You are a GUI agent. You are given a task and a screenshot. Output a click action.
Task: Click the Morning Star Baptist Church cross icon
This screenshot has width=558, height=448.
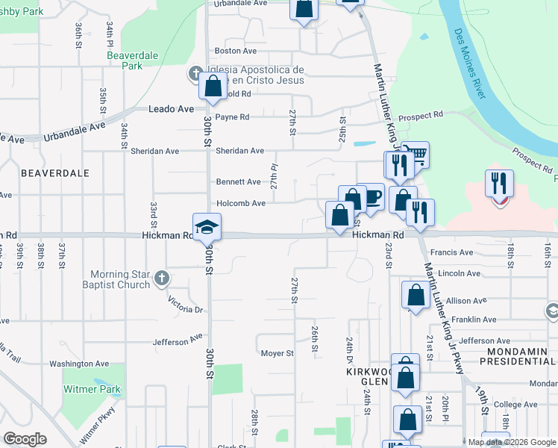pyautogui.click(x=160, y=279)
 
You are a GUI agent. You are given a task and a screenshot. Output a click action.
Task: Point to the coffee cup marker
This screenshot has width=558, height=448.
pyautogui.click(x=371, y=197)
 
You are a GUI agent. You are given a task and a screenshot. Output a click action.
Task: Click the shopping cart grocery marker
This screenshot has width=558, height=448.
pyautogui.click(x=416, y=155)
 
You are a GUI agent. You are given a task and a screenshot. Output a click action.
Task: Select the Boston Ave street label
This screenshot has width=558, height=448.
pyautogui.click(x=235, y=51)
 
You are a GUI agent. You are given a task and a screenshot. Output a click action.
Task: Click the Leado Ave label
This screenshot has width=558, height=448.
pyautogui.click(x=171, y=109)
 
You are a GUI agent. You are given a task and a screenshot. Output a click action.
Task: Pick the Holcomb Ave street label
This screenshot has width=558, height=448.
pyautogui.click(x=240, y=203)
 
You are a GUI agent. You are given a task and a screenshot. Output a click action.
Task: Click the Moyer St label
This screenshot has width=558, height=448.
pyautogui.click(x=278, y=352)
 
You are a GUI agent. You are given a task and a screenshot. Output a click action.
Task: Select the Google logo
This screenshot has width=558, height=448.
pyautogui.click(x=25, y=439)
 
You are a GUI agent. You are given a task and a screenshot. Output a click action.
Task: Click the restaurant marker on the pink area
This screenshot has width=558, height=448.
pyautogui.click(x=499, y=184)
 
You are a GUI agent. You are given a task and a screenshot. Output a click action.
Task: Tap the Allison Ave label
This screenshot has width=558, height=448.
pyautogui.click(x=466, y=300)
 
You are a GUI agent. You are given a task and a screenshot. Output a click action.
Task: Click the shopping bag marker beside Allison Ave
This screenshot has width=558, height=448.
pyautogui.click(x=415, y=295)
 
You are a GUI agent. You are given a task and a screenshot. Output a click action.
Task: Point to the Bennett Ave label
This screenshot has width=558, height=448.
pyautogui.click(x=238, y=181)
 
